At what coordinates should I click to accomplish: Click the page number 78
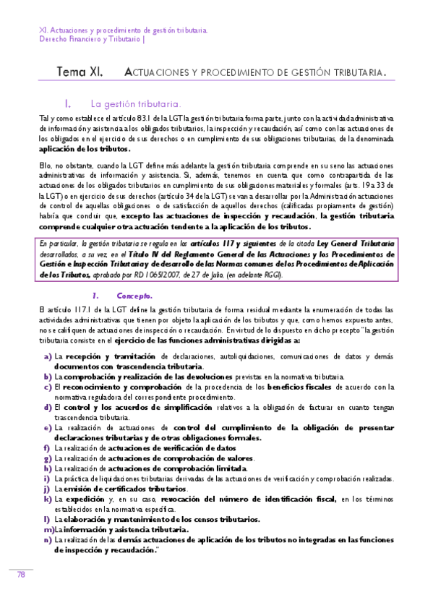21,575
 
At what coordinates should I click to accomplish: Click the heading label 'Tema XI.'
80,72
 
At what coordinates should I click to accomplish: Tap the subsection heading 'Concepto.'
134,295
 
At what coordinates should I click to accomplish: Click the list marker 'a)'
48,356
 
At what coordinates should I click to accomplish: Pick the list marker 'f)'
47,447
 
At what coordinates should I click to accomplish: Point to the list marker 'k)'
48,499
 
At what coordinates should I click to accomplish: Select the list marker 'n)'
48,539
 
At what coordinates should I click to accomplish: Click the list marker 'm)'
48,529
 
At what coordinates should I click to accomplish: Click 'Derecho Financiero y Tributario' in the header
90,40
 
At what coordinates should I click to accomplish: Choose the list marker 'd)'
48,407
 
